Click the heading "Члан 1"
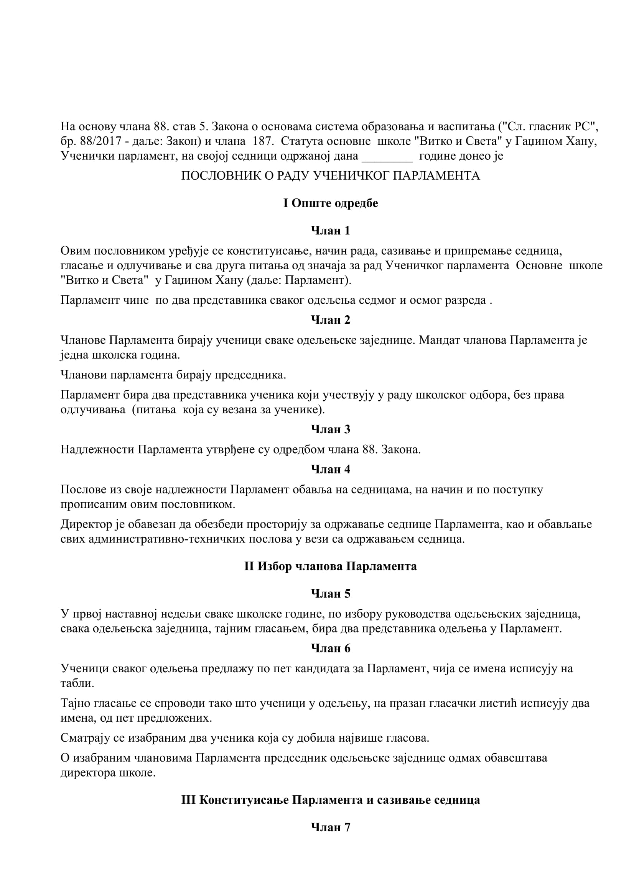(x=331, y=231)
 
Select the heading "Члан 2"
(x=331, y=320)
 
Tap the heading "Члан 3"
(x=331, y=429)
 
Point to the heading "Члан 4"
(x=331, y=469)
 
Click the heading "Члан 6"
(x=331, y=648)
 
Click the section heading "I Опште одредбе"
(x=331, y=203)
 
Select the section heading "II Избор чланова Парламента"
(x=331, y=566)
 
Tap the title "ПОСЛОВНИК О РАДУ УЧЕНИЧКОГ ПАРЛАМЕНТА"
(x=331, y=175)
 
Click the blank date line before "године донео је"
(x=387, y=157)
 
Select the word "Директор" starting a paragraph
(x=86, y=524)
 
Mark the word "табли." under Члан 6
(x=77, y=683)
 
